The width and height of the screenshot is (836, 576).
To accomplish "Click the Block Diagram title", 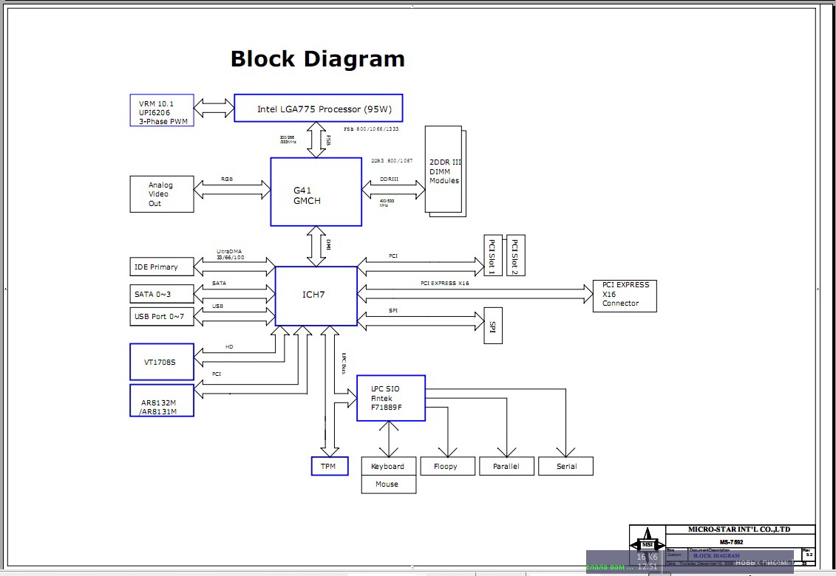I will [317, 59].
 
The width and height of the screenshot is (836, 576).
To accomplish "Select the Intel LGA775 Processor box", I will [318, 109].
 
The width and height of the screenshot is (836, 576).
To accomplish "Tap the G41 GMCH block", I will [316, 192].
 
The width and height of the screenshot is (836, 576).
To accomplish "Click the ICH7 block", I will [315, 295].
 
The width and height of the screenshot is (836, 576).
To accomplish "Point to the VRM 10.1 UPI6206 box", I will [161, 110].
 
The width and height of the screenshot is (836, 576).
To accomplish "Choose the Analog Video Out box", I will [161, 194].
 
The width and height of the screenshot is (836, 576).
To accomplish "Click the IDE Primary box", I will [161, 267].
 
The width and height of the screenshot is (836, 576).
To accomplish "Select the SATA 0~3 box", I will [161, 294].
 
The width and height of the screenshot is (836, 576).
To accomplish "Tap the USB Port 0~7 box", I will [161, 318].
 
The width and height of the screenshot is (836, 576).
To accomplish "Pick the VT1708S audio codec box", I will [162, 362].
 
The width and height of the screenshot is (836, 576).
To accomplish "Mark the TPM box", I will [329, 466].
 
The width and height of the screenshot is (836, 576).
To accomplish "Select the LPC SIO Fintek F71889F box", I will [390, 398].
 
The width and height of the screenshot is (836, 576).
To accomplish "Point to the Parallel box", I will [506, 466].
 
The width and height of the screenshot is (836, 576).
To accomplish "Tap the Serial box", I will [565, 466].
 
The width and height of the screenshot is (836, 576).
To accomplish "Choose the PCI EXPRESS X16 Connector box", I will [625, 295].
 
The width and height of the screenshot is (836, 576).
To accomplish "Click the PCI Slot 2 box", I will [516, 256].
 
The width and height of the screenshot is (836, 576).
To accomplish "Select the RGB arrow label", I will [227, 179].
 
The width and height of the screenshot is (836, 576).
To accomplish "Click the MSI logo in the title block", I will [648, 538].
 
